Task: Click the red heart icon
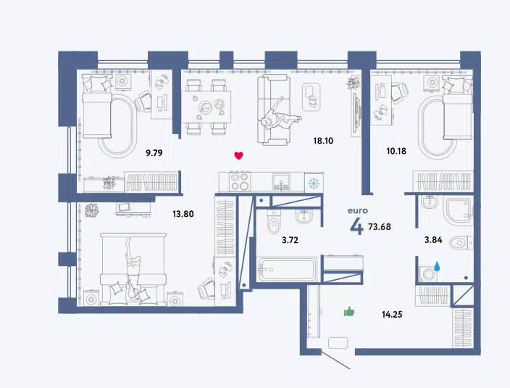coord(239,156)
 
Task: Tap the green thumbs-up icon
coord(349,312)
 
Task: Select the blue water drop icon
coord(437,266)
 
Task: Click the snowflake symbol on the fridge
coord(314,182)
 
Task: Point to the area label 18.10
coord(323,141)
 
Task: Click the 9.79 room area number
coord(154,152)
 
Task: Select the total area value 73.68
coord(380,226)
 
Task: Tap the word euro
coord(358,210)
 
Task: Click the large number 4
coord(357,226)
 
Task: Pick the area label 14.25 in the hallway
coord(392,314)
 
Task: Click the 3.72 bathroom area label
coord(290,240)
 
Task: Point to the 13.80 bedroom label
coord(183,214)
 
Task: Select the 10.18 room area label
coord(396,151)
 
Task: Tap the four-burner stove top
coord(240,181)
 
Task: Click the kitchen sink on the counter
coord(282,181)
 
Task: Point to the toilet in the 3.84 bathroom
coord(461,242)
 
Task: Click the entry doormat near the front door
coord(338,343)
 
